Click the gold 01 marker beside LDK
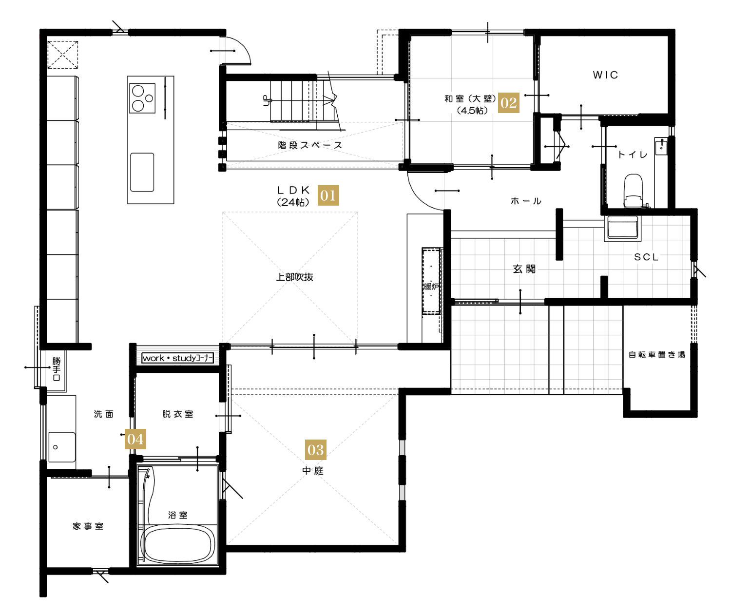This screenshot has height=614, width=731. [327, 195]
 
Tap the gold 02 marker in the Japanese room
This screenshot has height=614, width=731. [508, 102]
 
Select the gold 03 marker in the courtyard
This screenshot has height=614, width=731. [315, 449]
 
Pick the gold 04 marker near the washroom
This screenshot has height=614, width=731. [135, 439]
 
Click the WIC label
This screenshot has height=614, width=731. [605, 75]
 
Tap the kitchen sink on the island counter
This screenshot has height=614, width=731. [142, 172]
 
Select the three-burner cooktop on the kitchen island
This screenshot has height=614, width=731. [142, 98]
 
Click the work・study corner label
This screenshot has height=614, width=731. [177, 358]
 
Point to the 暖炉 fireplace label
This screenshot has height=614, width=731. [431, 287]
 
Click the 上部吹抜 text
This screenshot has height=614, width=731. [294, 277]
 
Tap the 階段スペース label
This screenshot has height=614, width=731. [310, 145]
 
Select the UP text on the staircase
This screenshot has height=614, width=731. [267, 100]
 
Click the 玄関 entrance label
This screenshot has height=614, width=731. [524, 269]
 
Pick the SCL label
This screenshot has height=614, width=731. [646, 257]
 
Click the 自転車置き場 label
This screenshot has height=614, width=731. [656, 354]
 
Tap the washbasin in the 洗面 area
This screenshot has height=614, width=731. [61, 447]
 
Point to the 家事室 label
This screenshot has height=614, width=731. [88, 526]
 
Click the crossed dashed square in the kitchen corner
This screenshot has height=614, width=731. [63, 55]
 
